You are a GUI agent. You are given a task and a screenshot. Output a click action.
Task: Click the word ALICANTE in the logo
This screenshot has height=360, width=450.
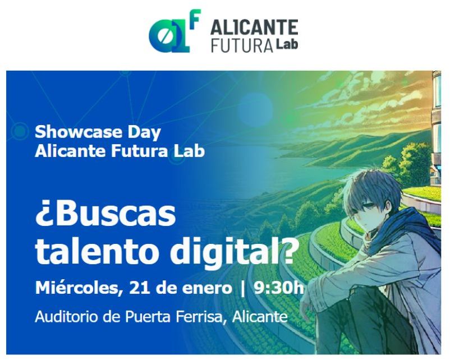254,27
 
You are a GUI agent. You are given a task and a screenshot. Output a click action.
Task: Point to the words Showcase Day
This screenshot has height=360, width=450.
98,132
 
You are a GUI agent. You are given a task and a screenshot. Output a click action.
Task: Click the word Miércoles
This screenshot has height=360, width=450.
77,288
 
